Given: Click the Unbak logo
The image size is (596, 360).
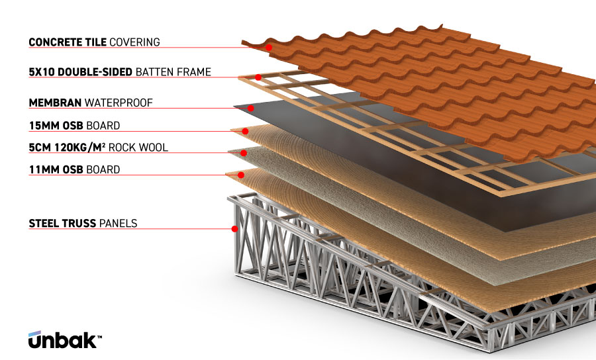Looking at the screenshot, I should pos(64,339).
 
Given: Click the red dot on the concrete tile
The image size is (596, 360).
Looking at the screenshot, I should pos(270,48).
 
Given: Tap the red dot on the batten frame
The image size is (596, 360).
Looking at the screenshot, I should pos(258,77).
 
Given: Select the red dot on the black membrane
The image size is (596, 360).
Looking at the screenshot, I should pos(251,108).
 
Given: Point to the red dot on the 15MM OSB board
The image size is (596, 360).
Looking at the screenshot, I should pos(246,131).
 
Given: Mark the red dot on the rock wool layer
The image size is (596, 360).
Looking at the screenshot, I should pos(244,153).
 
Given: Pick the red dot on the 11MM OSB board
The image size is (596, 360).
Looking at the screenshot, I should pos(241,175).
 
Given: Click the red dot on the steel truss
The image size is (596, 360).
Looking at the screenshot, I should pos(235,229).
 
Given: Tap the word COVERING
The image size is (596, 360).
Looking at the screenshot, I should pos(135,42).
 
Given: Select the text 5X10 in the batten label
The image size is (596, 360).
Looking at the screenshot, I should pos(41,71).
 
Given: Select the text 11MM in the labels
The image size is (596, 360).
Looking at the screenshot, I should pos(41,170).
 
